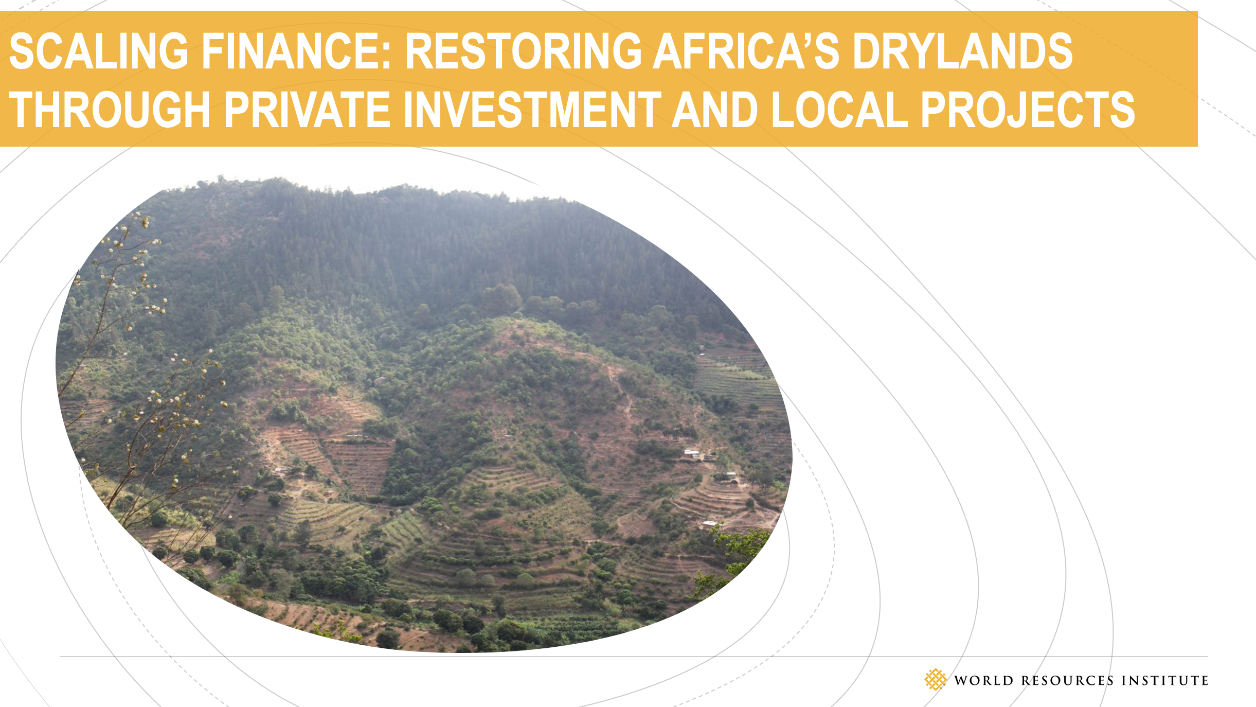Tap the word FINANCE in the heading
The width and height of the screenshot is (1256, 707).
pos(291,50)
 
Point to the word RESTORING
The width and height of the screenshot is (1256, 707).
pos(523,50)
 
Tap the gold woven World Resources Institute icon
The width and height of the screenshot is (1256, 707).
pos(935,679)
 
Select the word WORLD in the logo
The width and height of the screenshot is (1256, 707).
pos(983,680)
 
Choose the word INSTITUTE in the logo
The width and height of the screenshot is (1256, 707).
pos(1165,680)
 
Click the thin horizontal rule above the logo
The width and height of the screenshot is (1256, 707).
pos(634,657)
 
